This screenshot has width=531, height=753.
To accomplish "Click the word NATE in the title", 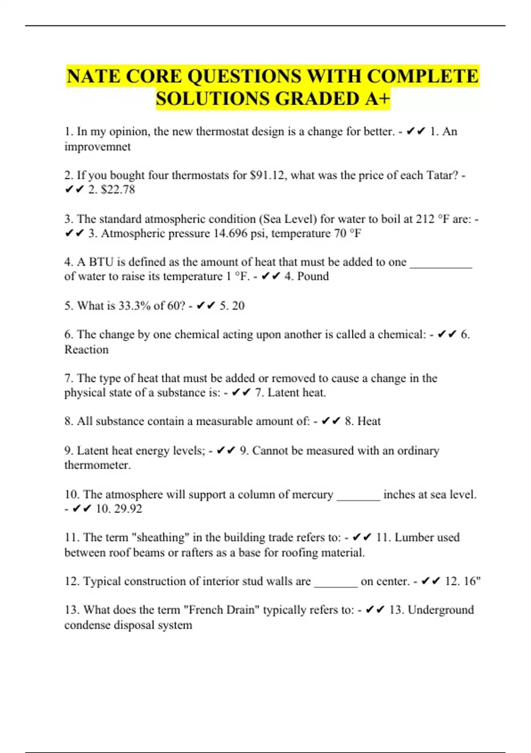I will click(93, 76).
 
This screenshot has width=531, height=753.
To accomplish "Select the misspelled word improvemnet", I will click(97, 147).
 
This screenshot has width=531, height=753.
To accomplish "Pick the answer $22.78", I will click(118, 190).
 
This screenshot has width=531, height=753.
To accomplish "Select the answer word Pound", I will click(313, 276).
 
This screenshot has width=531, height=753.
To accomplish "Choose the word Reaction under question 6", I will click(86, 349).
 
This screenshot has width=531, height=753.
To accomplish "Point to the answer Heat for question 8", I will click(369, 421).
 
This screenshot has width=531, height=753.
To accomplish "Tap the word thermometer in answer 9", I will click(97, 465).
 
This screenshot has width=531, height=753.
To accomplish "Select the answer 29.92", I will click(128, 508).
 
